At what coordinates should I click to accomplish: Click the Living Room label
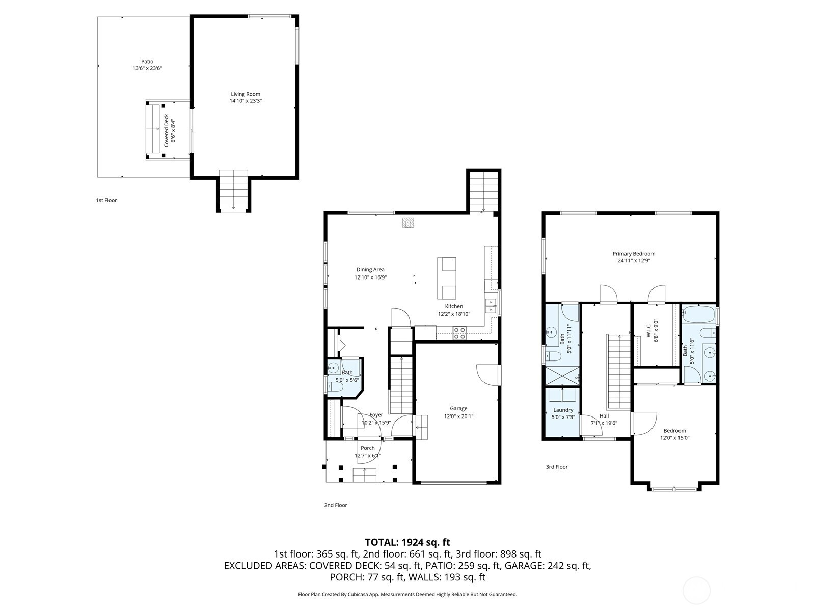tap(246, 94)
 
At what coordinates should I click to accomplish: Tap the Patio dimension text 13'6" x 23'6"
tap(147, 68)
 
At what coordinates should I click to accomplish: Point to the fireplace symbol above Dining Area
tap(407, 223)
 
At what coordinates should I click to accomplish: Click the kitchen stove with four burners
tap(459, 333)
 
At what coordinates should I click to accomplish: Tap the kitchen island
tap(446, 279)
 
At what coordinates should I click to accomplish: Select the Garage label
tap(458, 408)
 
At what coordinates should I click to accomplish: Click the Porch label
tap(367, 448)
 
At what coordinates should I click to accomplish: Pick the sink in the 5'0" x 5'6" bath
tap(334, 368)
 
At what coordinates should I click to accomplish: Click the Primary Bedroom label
tap(634, 254)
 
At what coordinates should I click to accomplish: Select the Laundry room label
tap(563, 410)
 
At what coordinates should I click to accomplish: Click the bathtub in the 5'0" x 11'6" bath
tap(698, 314)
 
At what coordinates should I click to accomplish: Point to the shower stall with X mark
tap(562, 376)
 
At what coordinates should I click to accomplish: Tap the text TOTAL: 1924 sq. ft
tap(407, 542)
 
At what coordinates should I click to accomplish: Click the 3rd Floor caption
tap(556, 467)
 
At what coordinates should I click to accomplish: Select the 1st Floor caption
tap(106, 200)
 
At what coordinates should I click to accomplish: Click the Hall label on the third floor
tap(604, 416)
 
